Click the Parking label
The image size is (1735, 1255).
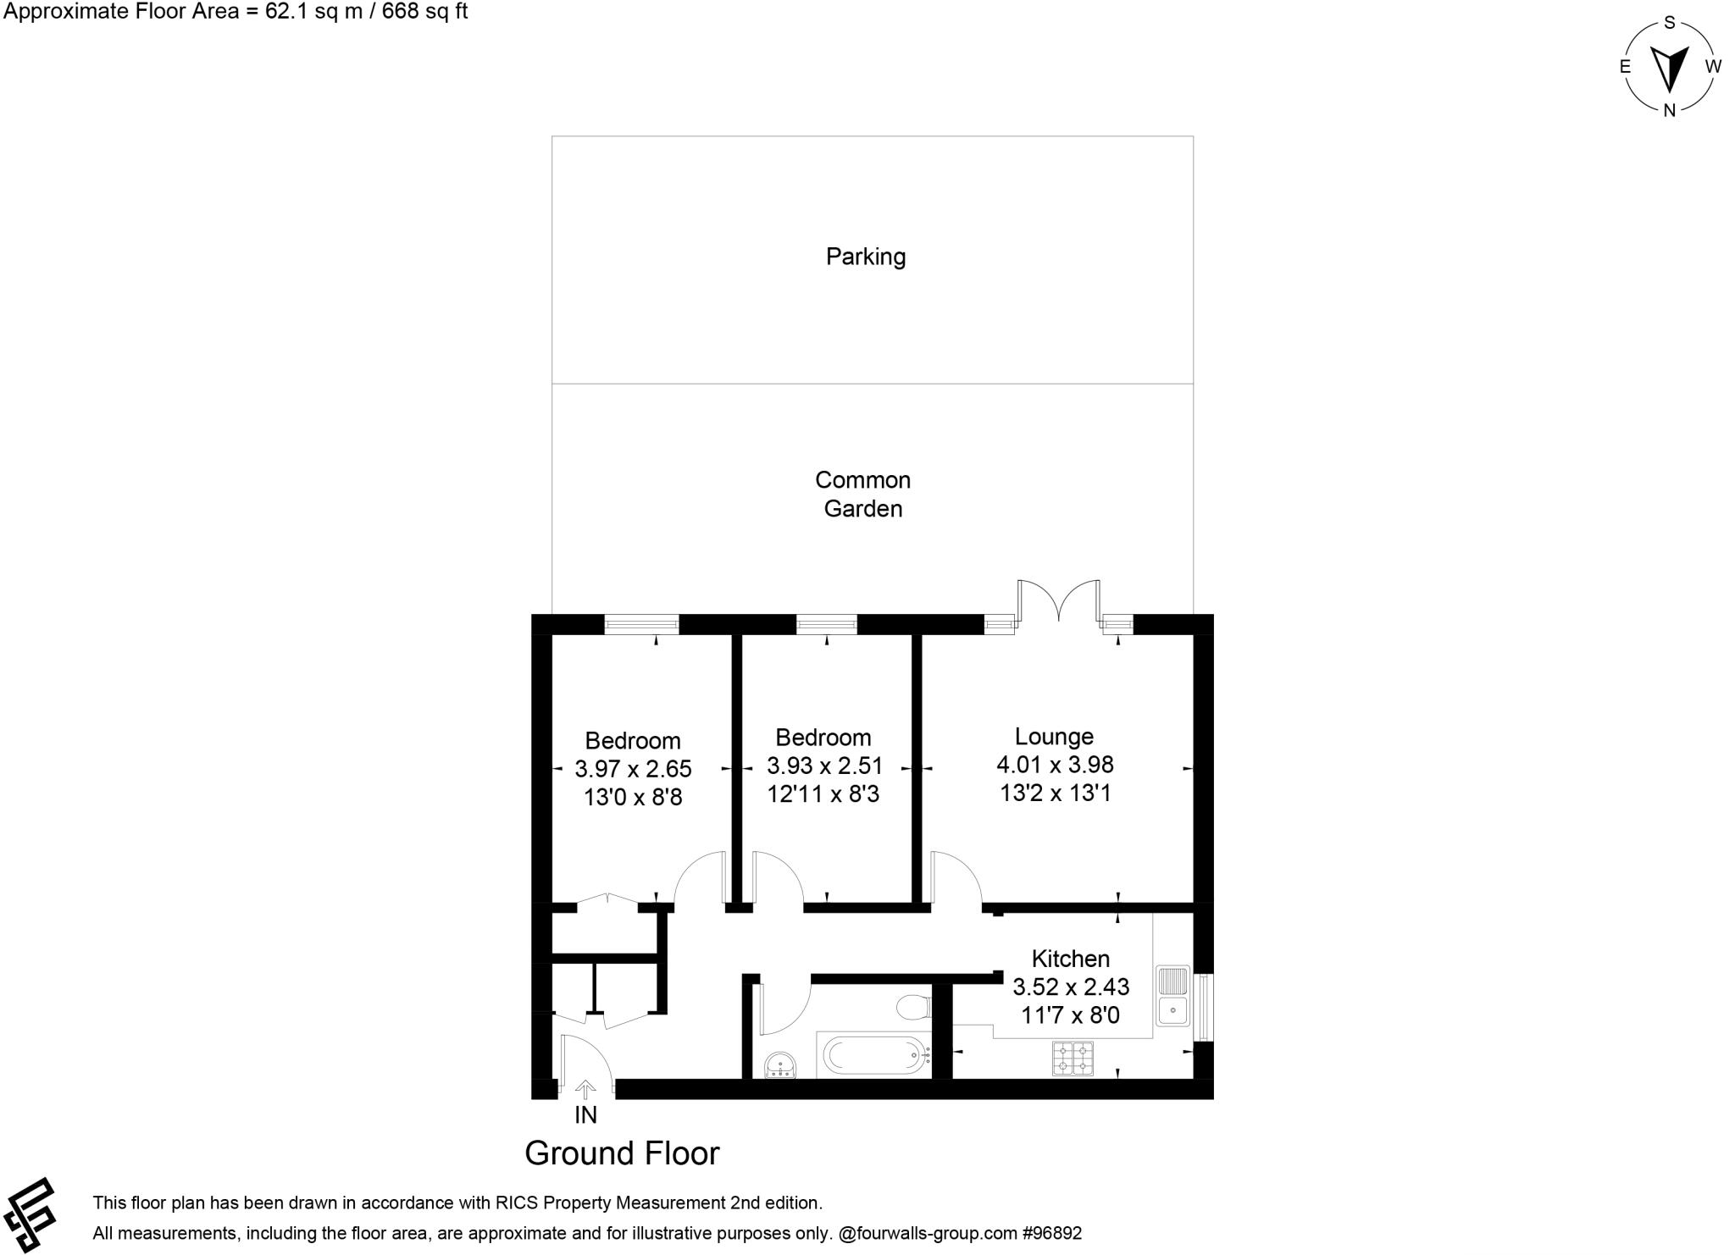(x=865, y=257)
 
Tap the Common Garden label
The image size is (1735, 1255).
(x=862, y=494)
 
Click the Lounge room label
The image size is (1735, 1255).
(x=1054, y=737)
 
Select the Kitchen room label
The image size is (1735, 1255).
(x=1070, y=959)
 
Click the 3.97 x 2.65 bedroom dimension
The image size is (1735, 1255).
(x=633, y=769)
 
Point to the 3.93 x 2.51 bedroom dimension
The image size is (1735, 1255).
(x=824, y=766)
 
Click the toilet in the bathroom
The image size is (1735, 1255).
(x=914, y=1007)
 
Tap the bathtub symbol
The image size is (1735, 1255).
(x=873, y=1055)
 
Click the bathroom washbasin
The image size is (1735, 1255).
(x=779, y=1064)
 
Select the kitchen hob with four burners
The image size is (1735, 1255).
(x=1073, y=1059)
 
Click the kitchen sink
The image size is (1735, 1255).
(x=1173, y=995)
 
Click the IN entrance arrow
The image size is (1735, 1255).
(x=585, y=1090)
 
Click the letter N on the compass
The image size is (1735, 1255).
(x=1669, y=110)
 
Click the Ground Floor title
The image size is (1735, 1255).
(x=622, y=1153)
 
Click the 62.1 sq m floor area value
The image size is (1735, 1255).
(x=279, y=12)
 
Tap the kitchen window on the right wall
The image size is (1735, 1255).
(x=1203, y=1007)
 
